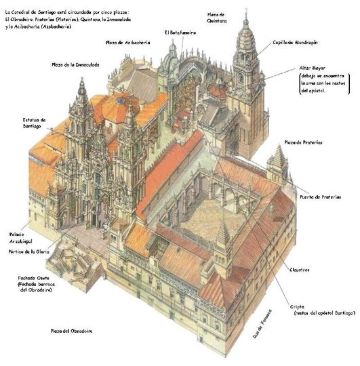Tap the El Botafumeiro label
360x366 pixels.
180,32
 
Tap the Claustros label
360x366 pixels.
298,270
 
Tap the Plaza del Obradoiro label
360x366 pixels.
72,331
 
